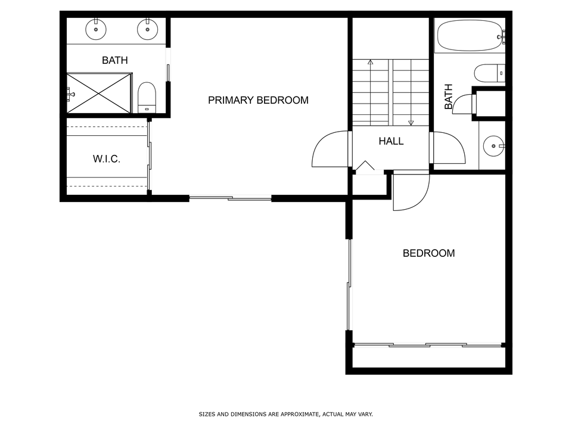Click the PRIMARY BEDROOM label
[x=258, y=100]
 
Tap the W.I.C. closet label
[x=107, y=158]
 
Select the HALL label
[x=391, y=141]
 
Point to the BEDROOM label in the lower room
[x=428, y=253]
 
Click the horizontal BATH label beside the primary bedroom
[x=115, y=60]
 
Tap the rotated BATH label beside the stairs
[x=448, y=97]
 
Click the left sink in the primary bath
[x=96, y=29]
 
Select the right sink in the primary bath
[x=147, y=29]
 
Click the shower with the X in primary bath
[x=99, y=93]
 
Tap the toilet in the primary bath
[x=147, y=97]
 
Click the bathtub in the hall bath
[x=470, y=35]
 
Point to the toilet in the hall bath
[x=490, y=73]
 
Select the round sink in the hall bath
[x=493, y=146]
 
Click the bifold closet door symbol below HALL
[x=365, y=166]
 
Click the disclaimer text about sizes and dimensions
[x=285, y=414]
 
